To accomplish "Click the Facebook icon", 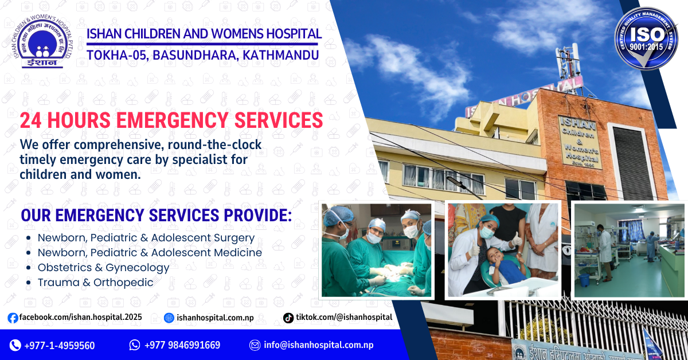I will pos(13,318).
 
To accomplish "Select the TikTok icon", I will pos(288,318).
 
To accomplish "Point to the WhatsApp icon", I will pos(135,345).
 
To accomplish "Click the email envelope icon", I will pos(255,345).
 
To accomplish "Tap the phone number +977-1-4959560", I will pos(60,345).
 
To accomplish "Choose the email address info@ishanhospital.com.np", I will pos(318,345).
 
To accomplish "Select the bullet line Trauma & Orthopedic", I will pos(95,282).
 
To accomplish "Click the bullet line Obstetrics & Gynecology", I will pos(103,267).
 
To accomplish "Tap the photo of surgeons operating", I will pos(376,250).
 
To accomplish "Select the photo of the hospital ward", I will pos(630,250).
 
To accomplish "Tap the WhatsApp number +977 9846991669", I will pos(182,345).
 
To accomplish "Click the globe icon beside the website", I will pos(169,318).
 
